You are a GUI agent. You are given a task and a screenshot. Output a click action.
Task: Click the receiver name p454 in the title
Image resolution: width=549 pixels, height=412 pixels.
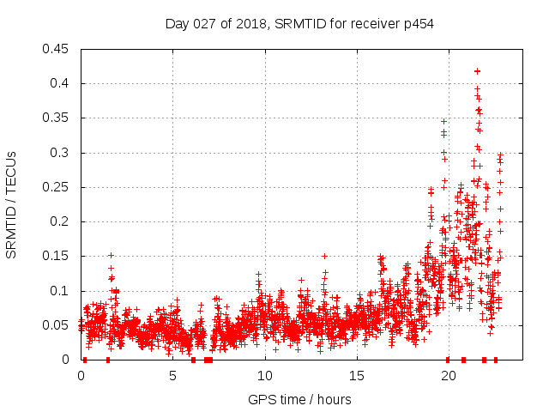point(416,23)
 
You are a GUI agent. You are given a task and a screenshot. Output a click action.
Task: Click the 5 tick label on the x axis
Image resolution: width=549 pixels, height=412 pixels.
point(172,375)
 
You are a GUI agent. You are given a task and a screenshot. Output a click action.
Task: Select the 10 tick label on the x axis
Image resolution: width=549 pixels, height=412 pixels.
point(264,375)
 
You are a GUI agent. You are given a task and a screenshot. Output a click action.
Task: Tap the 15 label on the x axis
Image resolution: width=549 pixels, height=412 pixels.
point(356,375)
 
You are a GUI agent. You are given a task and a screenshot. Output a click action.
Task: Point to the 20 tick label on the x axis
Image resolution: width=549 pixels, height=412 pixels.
point(448,375)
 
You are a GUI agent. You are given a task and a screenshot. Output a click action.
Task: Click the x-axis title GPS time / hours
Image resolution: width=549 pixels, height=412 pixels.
point(299,399)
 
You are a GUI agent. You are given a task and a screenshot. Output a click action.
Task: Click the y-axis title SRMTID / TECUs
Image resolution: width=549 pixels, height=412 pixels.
point(11,204)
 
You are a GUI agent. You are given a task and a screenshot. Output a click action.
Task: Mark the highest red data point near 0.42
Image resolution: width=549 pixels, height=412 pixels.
point(477,71)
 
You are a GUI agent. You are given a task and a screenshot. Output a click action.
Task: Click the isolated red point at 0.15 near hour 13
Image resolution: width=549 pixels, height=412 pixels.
point(324,256)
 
